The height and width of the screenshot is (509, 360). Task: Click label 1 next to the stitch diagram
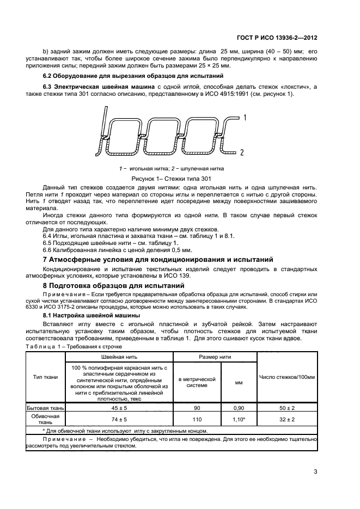coord(245,117)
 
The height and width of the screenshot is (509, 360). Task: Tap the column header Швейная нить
coord(119,356)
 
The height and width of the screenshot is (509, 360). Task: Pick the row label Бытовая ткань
coord(46,407)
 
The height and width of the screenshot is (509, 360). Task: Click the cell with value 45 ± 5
coord(119,407)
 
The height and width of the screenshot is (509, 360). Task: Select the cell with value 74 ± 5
coord(119,419)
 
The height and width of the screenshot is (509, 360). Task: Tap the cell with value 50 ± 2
coord(286,407)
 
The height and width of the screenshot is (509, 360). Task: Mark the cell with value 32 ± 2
coord(286,419)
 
